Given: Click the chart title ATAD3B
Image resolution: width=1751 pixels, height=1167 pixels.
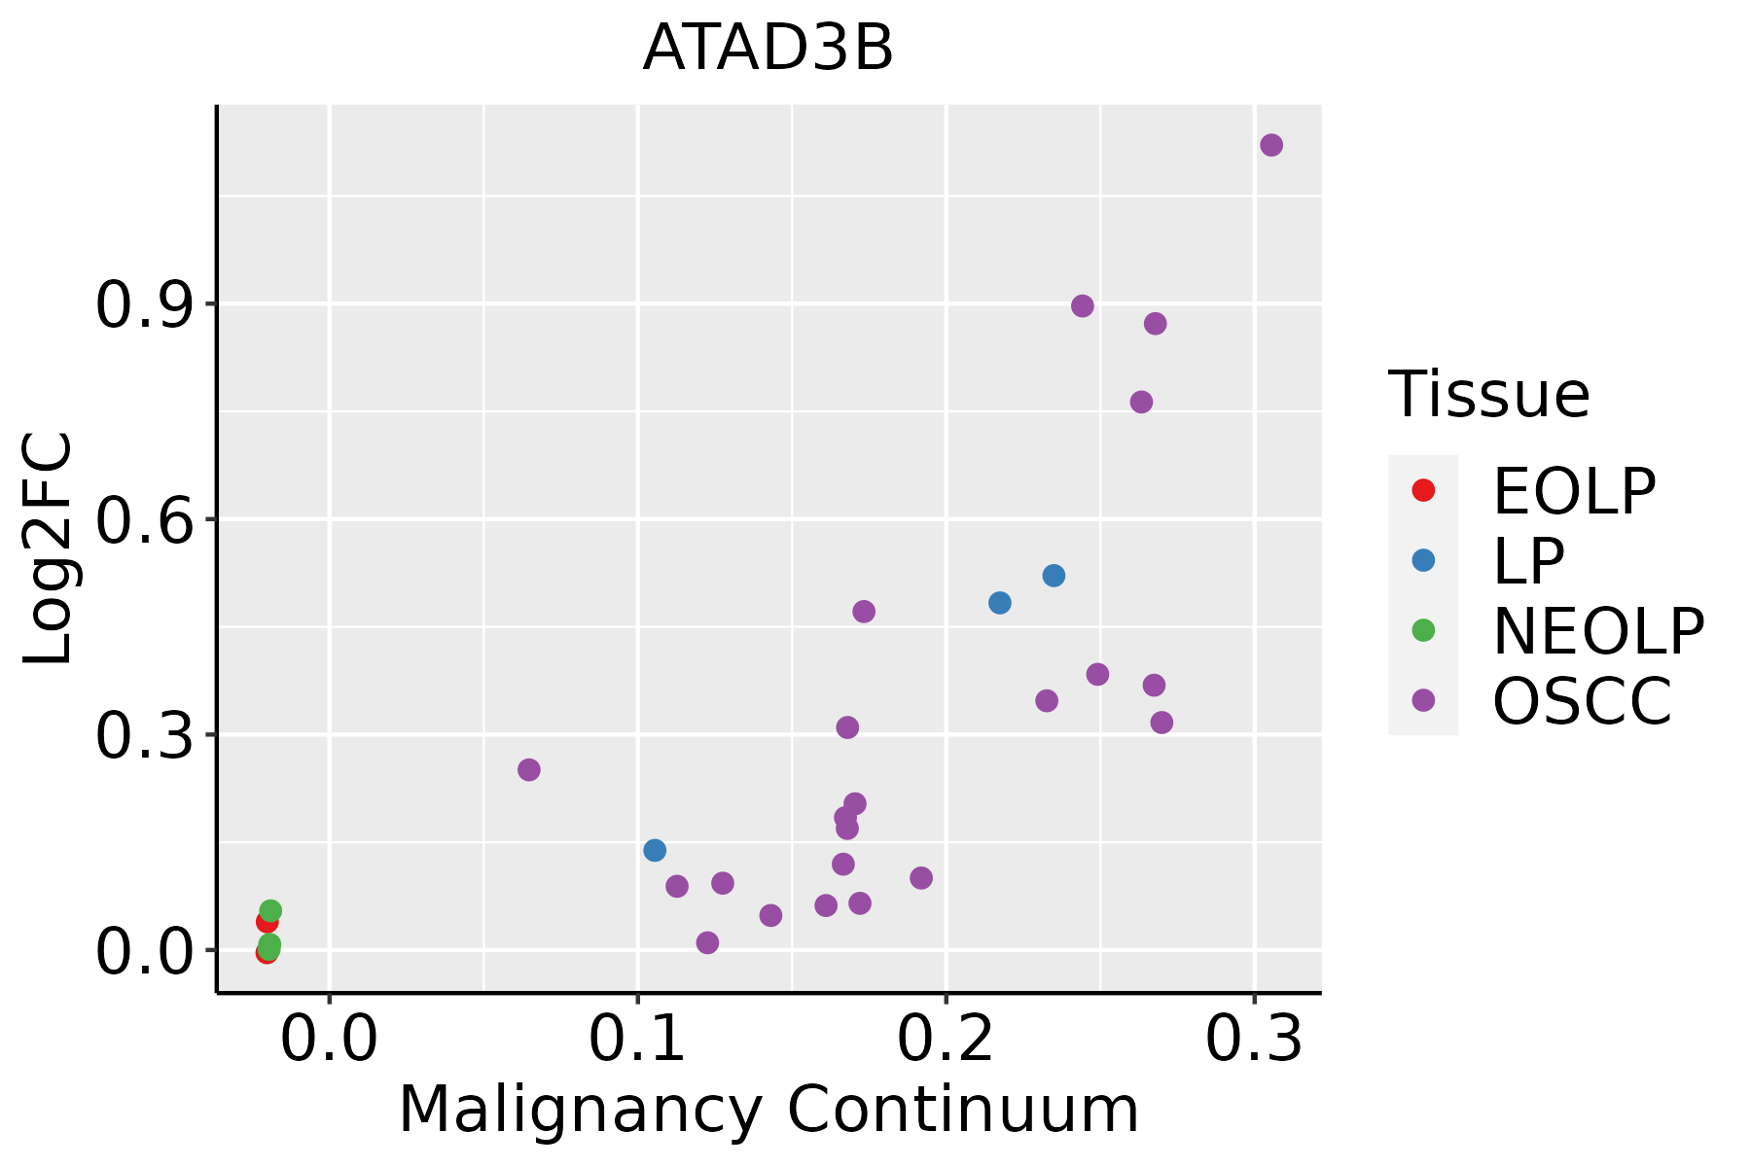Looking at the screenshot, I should [768, 49].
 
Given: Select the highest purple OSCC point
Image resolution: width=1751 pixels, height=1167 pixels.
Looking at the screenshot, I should [1271, 145].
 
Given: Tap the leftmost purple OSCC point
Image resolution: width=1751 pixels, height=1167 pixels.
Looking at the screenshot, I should [528, 770].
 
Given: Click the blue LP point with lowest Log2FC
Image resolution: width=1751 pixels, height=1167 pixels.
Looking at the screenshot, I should [655, 850].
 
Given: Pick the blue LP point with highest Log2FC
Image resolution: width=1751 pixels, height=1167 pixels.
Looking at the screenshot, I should [1054, 576].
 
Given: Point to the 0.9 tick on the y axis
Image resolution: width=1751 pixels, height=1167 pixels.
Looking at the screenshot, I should [142, 305].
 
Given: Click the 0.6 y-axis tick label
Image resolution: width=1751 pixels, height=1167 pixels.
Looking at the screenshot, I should [142, 520].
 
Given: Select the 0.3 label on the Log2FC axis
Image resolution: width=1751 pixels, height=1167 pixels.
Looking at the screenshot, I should [142, 736].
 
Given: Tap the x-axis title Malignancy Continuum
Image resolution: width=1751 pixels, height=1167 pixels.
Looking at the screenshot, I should [768, 1111].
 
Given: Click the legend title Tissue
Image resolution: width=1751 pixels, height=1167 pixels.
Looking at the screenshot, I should [1488, 395].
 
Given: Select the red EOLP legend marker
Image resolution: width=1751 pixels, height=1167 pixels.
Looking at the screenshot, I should [1423, 490].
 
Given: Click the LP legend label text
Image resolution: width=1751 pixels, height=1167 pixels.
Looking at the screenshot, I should [1528, 560].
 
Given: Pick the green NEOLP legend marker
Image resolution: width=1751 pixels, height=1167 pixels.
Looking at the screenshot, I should [1423, 630].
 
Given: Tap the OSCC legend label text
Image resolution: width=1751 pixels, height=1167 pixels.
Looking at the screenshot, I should [1582, 700].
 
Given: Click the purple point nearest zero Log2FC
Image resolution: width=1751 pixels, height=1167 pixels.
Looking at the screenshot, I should [707, 942].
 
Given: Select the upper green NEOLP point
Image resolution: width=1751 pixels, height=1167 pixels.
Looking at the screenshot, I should [270, 911].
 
